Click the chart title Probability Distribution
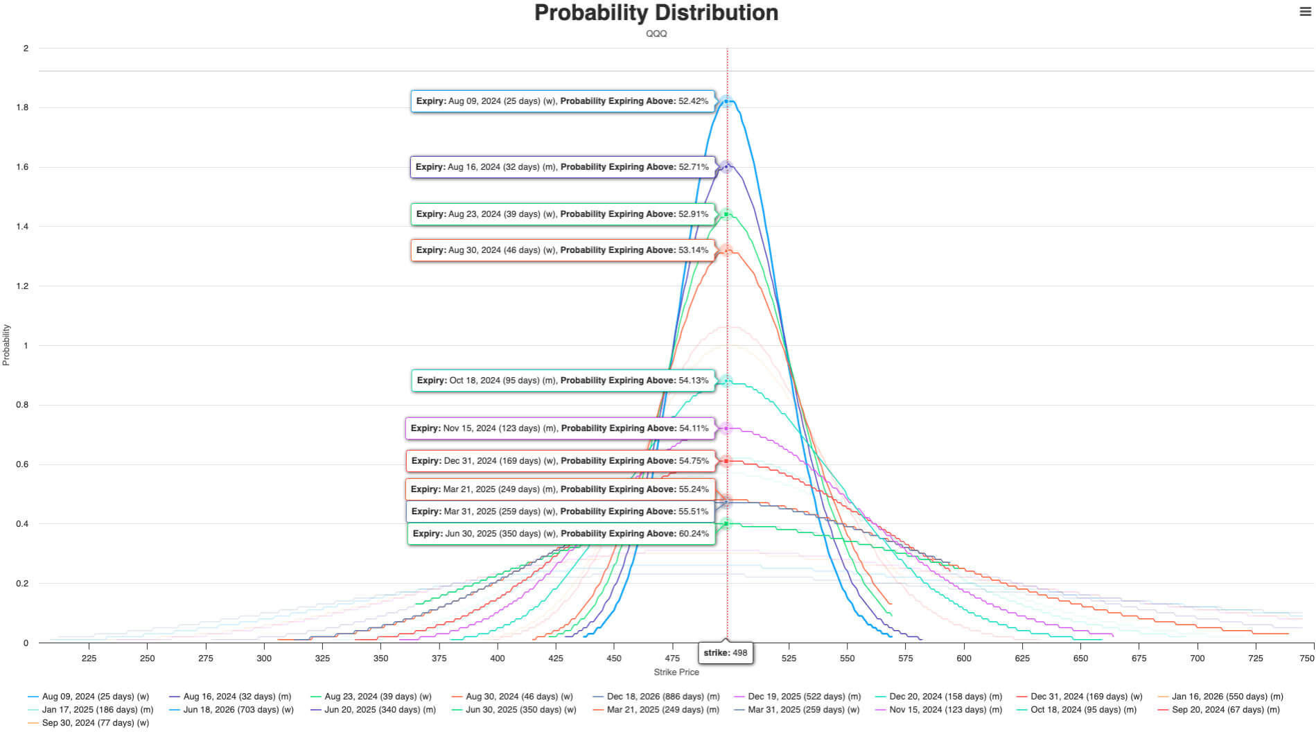(x=656, y=13)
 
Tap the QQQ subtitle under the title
(x=656, y=33)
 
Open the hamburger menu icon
(x=1305, y=12)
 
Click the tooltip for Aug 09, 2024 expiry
(x=562, y=101)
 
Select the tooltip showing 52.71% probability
(x=562, y=167)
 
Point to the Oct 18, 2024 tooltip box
(x=562, y=381)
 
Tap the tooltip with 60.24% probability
(x=561, y=534)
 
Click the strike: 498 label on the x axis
(x=725, y=653)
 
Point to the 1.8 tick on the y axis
(x=23, y=107)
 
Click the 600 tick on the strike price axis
(x=964, y=659)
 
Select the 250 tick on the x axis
(x=148, y=659)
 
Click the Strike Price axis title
(x=676, y=672)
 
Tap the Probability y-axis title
(x=6, y=345)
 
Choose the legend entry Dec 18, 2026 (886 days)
(x=663, y=697)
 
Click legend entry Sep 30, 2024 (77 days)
(x=95, y=723)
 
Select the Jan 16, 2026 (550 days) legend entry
(x=1227, y=697)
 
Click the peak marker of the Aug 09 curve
(x=726, y=101)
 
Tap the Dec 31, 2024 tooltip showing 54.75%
(x=560, y=461)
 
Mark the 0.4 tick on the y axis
(x=23, y=524)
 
